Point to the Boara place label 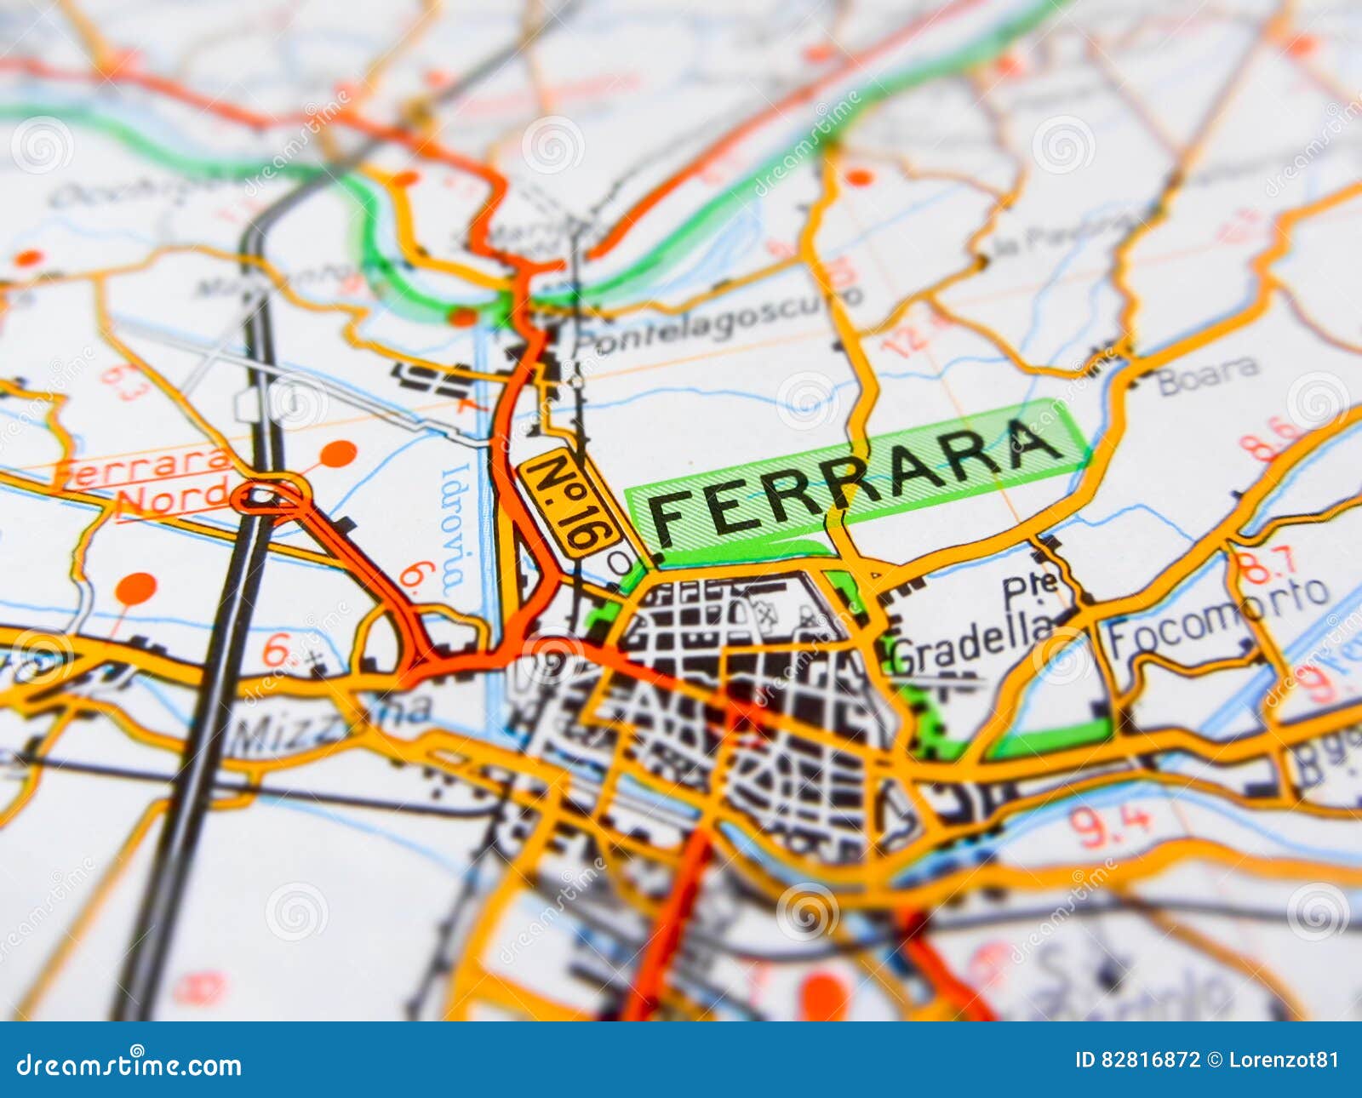pos(1209,375)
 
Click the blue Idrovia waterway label pos(454,528)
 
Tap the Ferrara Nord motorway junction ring pos(271,495)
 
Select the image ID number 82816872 pos(1148,1060)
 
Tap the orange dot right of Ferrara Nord pos(338,454)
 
